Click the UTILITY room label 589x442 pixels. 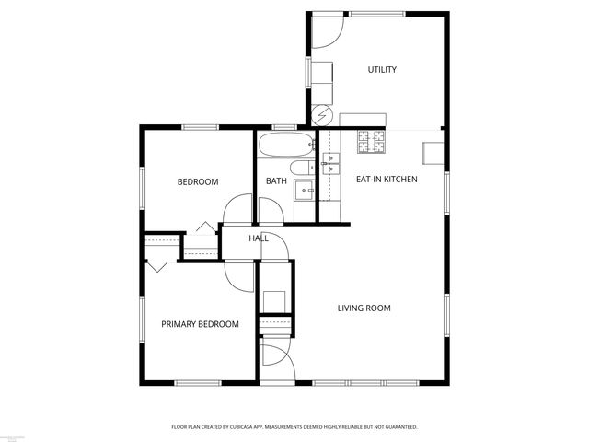[382, 70]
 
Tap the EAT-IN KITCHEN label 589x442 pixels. [387, 179]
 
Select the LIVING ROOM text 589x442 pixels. [364, 308]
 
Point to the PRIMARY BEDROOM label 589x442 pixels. [200, 324]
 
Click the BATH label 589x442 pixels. [276, 181]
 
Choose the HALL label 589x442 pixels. [259, 238]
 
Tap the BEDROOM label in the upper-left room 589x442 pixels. [197, 182]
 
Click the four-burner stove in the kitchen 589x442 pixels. [372, 142]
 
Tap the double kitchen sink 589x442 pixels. [329, 164]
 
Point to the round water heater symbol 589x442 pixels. [321, 115]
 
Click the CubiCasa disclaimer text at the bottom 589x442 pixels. [294, 427]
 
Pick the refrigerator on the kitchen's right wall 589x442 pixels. [432, 153]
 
